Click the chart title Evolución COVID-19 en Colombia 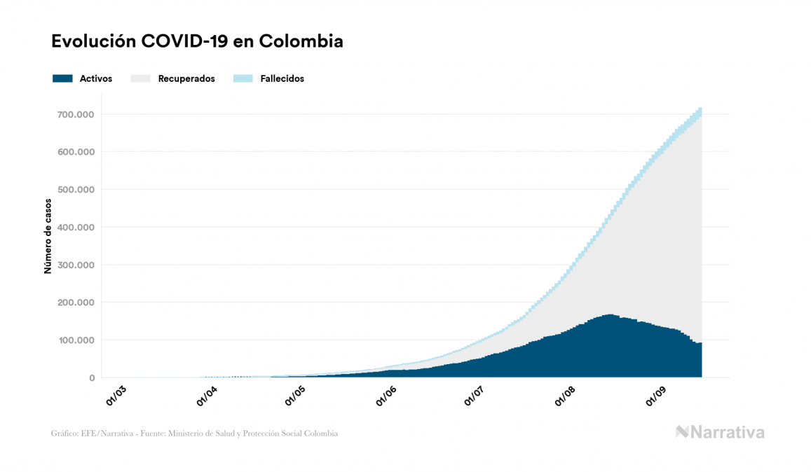click(x=197, y=41)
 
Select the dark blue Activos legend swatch click(x=62, y=78)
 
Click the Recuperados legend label click(x=186, y=79)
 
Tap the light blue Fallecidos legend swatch click(x=243, y=78)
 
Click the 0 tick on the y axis click(x=92, y=378)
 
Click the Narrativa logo click(x=720, y=432)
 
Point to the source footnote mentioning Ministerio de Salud click(x=194, y=433)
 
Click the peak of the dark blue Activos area click(x=608, y=316)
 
